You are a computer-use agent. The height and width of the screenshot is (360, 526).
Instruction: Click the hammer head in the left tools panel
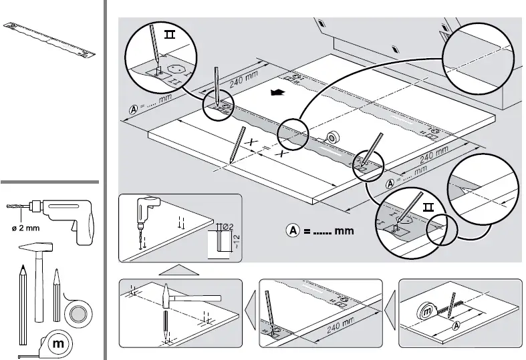pos(38,249)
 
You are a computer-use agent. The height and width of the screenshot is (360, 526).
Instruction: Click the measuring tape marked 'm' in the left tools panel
pos(59,342)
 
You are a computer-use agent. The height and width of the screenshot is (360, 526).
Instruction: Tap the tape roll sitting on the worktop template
pos(332,137)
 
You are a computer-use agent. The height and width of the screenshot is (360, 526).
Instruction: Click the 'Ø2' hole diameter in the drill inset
pos(227,226)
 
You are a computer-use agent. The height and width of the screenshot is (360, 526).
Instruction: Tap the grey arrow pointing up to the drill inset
pos(180,270)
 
